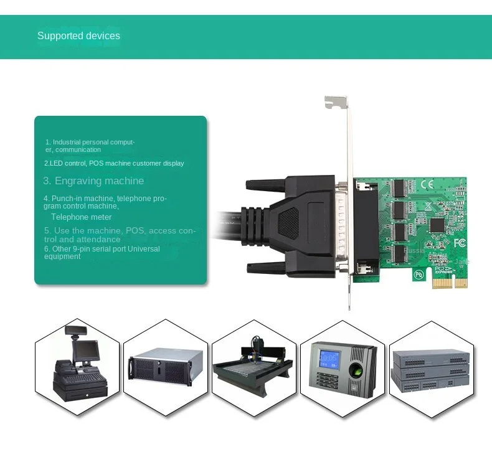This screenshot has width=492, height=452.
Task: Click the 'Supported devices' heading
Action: click(78, 35)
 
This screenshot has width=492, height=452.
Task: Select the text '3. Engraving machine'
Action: click(93, 181)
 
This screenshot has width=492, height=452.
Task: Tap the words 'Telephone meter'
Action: click(82, 217)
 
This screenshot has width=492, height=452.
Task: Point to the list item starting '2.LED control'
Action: click(114, 163)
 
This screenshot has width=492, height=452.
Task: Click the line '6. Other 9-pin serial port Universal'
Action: click(102, 248)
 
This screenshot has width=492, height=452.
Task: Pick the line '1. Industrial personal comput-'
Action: click(90, 142)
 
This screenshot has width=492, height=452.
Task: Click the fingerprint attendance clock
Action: click(342, 370)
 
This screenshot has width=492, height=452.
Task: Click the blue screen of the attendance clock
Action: click(328, 359)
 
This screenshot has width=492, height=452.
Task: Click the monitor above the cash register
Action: click(84, 349)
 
